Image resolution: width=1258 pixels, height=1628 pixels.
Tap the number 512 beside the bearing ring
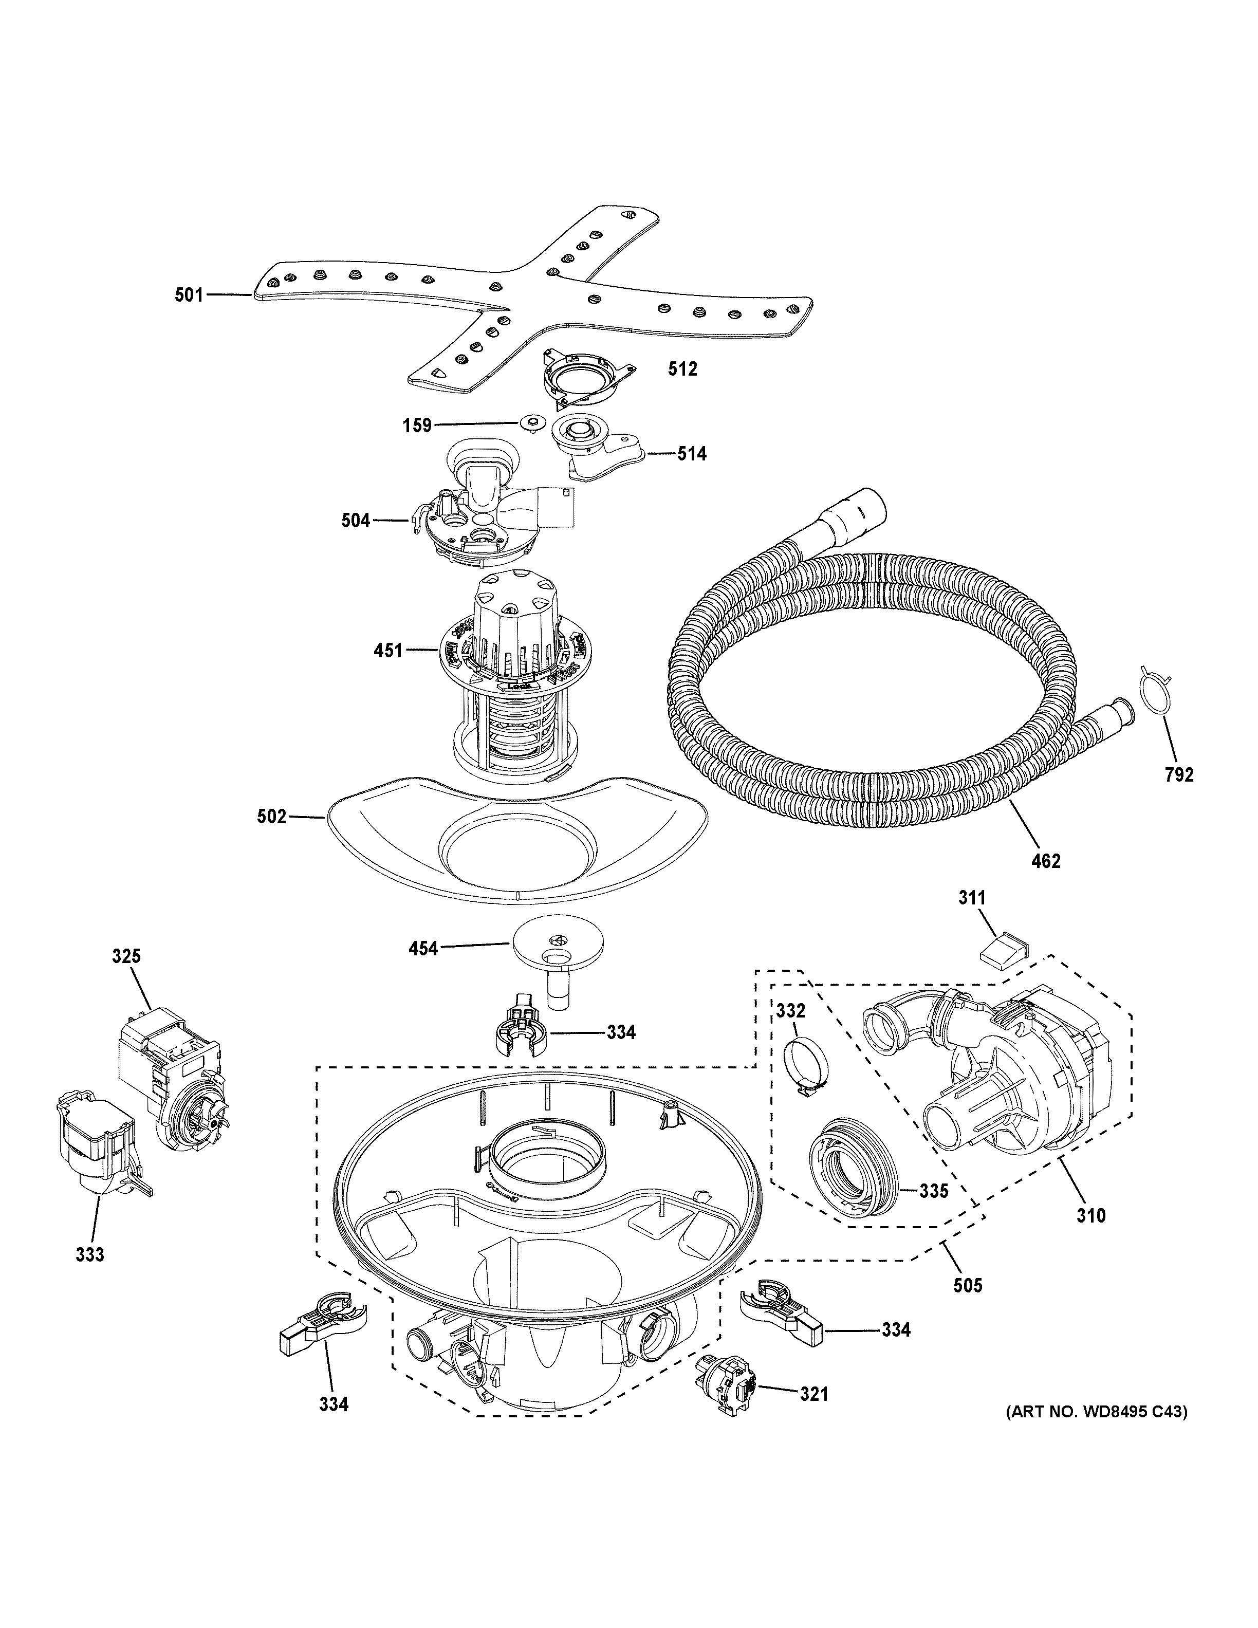pyautogui.click(x=682, y=368)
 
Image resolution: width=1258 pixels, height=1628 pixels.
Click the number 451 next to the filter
pyautogui.click(x=388, y=651)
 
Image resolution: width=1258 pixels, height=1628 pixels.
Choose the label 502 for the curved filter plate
pyautogui.click(x=271, y=817)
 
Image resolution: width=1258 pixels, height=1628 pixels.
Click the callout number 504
pyautogui.click(x=356, y=520)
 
